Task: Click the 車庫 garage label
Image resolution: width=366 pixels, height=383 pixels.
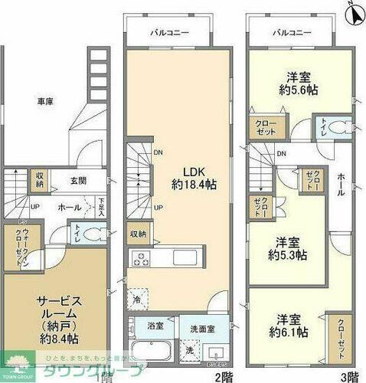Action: click(45, 101)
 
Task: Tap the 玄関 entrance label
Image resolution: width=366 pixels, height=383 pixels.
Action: click(80, 181)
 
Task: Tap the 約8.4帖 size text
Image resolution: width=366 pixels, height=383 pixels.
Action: click(55, 338)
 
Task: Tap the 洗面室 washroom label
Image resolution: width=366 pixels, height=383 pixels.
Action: click(204, 328)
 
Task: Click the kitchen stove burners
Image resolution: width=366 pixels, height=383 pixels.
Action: click(141, 257)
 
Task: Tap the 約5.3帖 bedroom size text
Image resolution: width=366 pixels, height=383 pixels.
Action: click(292, 254)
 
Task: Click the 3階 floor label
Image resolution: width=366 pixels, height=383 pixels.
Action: click(348, 376)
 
